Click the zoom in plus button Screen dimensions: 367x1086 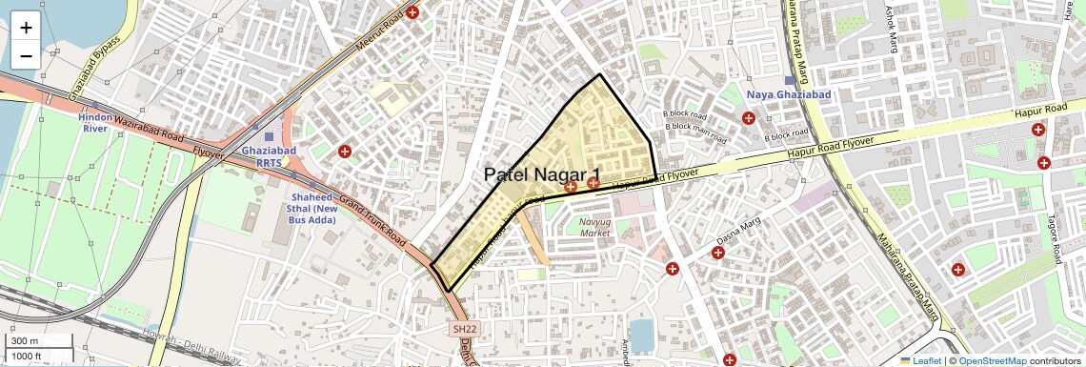click(26, 27)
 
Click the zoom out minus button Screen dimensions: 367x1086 click(26, 55)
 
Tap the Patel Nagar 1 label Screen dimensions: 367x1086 click(542, 175)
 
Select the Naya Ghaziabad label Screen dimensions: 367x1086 click(789, 95)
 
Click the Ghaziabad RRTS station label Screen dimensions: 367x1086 click(269, 156)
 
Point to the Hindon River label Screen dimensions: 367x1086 click(95, 122)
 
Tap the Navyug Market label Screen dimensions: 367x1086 click(594, 227)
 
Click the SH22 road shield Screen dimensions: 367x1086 click(463, 329)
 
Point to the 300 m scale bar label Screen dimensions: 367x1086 click(24, 341)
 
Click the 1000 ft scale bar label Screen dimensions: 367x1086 click(28, 356)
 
